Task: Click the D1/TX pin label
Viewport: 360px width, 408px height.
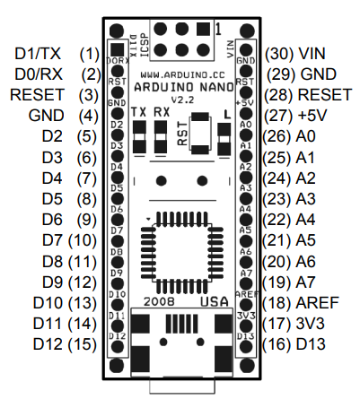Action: (x=38, y=54)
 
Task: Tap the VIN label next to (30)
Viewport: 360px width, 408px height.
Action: (x=312, y=54)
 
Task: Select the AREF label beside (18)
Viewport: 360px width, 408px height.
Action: (x=317, y=303)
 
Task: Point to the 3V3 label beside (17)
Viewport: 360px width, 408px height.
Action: (x=311, y=324)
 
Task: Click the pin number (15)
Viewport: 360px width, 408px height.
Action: (x=83, y=344)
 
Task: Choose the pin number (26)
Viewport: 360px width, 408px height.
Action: (x=277, y=136)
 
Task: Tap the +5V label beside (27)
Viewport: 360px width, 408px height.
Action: (x=312, y=116)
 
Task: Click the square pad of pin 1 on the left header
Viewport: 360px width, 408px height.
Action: (x=117, y=49)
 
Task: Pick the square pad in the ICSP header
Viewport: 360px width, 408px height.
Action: (x=204, y=30)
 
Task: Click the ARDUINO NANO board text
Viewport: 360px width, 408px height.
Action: (x=184, y=87)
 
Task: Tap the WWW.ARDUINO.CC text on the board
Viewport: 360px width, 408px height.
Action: (x=182, y=74)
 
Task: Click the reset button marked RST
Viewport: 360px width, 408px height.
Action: (x=200, y=133)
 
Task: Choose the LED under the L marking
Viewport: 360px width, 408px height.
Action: (x=224, y=139)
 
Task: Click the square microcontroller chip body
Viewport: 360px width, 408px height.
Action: (x=182, y=252)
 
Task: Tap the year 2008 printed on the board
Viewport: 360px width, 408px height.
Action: (x=159, y=301)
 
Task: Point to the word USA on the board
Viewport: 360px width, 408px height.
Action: (x=215, y=301)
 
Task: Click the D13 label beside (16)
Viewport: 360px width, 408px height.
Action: (x=311, y=344)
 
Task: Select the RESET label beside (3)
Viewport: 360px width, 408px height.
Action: (x=38, y=95)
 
